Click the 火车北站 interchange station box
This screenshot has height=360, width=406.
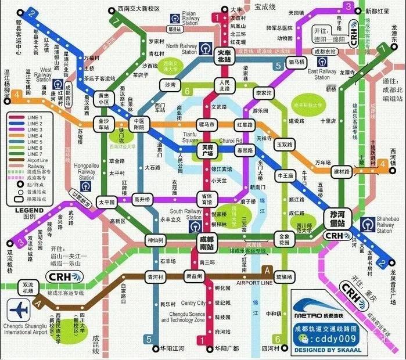[x=224, y=56]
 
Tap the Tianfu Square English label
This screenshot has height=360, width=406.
[x=190, y=138]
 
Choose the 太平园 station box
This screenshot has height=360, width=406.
[x=106, y=202]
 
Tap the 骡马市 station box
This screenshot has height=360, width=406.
[x=207, y=124]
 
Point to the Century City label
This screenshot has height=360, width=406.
[x=193, y=303]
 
